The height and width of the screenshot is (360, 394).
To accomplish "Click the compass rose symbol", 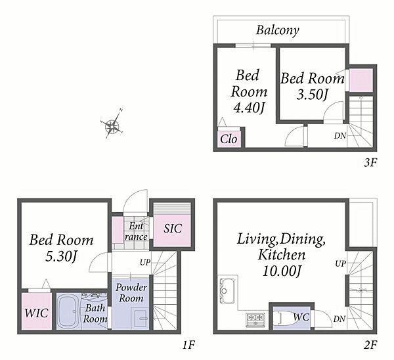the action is (112, 124).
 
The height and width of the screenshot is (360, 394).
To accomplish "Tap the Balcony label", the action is (278, 30).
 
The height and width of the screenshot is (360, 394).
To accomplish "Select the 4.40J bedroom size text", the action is (250, 108).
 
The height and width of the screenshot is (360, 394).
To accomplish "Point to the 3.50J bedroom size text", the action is (313, 95).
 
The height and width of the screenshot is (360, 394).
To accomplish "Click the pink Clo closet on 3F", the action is (229, 139).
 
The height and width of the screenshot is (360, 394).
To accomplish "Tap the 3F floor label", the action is (370, 163).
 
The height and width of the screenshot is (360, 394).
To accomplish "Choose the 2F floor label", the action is (370, 345).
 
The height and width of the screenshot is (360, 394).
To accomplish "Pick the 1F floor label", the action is (188, 345).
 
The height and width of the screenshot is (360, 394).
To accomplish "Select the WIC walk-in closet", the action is (37, 311).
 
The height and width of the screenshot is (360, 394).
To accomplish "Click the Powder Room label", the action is (131, 293).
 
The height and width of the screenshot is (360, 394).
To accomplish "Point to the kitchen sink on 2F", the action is (227, 290).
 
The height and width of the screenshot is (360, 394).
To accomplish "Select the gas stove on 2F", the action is (256, 320).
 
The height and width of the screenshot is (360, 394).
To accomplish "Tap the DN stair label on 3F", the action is (339, 136).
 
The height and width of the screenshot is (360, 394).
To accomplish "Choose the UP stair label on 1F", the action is (145, 263).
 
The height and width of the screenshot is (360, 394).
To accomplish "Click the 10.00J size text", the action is (282, 271).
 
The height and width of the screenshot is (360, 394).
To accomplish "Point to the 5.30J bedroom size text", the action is (61, 256).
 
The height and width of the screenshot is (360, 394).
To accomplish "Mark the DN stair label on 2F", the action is (339, 319).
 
